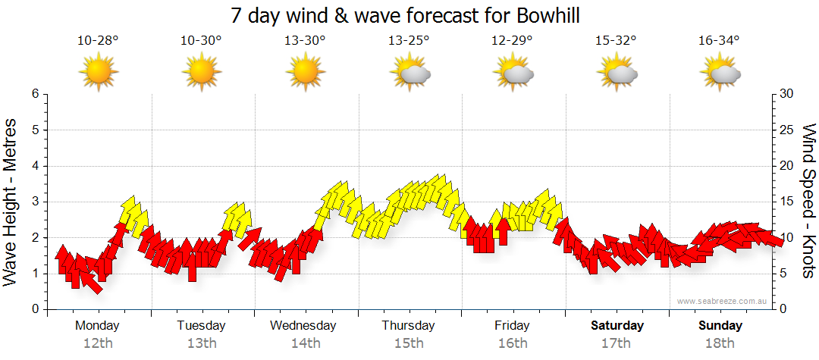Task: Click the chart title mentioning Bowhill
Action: [409, 15]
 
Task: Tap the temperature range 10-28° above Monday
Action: [98, 40]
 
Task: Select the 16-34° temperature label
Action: [720, 40]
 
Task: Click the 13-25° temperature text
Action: [409, 40]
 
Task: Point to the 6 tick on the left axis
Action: [35, 94]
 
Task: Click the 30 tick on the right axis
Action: [787, 94]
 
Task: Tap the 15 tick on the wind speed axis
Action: [787, 202]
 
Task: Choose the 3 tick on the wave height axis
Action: [35, 202]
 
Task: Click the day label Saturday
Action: [617, 326]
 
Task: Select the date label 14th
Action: [306, 343]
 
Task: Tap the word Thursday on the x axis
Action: [409, 326]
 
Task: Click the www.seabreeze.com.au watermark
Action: [723, 302]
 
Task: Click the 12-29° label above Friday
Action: [513, 40]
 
